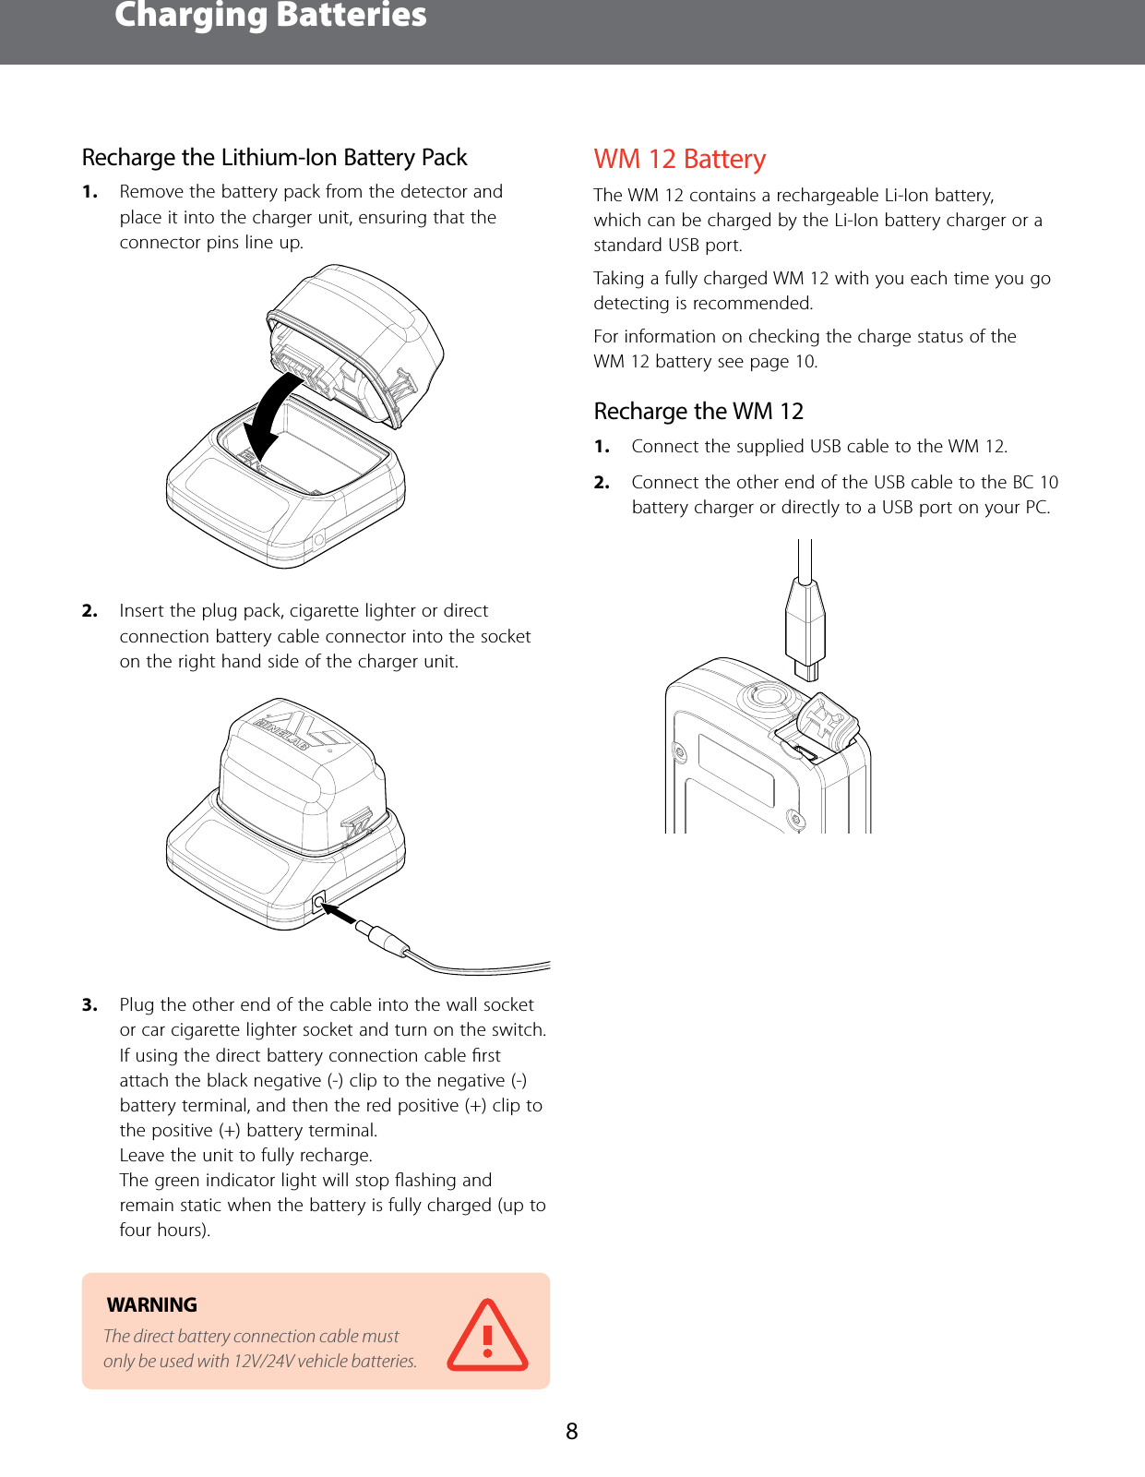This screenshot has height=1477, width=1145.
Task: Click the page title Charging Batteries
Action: (270, 17)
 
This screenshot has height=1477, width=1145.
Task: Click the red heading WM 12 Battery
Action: (679, 160)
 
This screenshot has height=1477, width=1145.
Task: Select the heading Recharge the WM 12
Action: (698, 412)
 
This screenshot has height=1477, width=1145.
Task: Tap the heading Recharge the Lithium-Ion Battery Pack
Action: (274, 158)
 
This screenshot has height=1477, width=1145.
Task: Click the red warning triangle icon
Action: (487, 1336)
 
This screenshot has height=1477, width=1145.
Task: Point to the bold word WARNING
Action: (152, 1304)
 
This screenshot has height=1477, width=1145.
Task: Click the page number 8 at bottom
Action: (572, 1432)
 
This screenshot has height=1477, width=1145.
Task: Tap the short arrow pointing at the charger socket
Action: (340, 914)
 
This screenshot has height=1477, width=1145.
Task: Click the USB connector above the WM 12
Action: (805, 628)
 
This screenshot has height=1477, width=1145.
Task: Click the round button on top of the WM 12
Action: (766, 696)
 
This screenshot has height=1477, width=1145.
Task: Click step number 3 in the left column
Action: (89, 1005)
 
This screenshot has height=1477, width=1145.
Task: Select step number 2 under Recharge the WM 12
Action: (602, 483)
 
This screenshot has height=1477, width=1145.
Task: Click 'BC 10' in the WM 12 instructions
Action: (1035, 483)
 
